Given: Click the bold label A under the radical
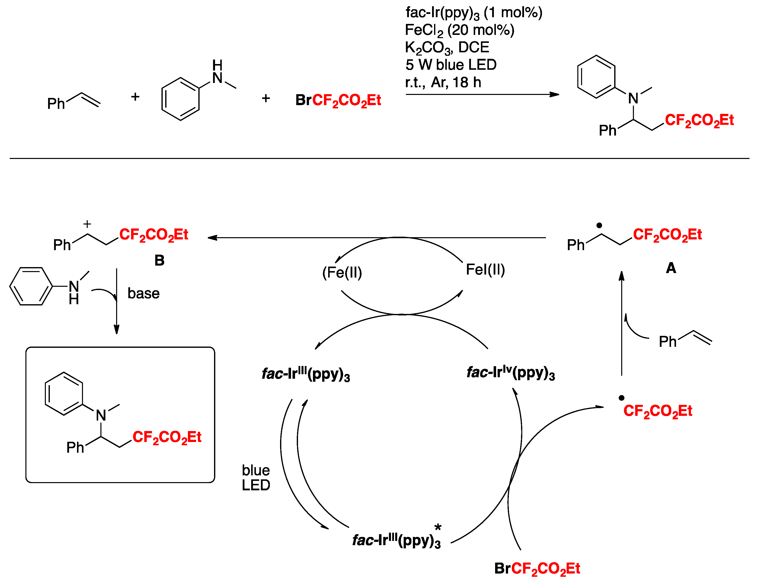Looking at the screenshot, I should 671,268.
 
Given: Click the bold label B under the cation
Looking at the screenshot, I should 159,260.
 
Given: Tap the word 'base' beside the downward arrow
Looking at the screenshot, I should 144,293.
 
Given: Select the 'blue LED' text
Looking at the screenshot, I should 256,478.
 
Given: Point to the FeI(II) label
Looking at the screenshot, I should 485,270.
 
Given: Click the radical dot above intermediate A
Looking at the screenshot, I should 599,225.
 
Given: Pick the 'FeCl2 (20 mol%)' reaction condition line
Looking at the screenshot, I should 459,30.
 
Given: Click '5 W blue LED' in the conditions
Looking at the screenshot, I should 451,65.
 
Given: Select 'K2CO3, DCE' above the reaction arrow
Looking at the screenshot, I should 447,48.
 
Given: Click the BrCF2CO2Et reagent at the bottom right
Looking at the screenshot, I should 537,569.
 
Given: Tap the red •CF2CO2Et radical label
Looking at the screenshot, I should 658,411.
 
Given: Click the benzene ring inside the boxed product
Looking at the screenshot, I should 64,394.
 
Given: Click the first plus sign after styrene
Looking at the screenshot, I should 135,97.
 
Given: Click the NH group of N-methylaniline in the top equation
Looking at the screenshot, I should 217,72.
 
